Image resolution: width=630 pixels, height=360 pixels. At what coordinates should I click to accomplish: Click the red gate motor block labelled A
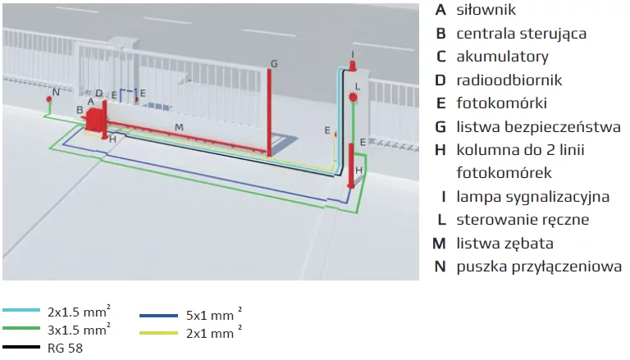click(95, 119)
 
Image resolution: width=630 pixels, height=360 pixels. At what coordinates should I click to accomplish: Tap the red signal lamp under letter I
click(353, 66)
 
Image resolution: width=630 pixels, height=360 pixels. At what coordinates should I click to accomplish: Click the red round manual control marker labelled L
click(354, 98)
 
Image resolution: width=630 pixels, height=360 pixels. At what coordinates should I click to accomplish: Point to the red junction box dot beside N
click(49, 99)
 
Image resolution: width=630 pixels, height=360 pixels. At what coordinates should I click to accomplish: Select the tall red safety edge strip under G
click(269, 112)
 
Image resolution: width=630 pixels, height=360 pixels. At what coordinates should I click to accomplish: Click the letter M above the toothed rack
click(179, 127)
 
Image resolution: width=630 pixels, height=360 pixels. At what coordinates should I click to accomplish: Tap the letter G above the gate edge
click(274, 64)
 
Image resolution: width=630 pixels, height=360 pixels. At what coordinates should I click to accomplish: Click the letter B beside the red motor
click(80, 110)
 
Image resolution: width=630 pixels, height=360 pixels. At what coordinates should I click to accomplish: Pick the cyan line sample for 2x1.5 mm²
click(21, 310)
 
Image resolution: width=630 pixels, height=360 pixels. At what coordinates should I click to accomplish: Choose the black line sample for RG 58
click(21, 347)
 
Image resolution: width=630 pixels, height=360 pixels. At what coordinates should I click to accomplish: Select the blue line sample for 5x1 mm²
click(158, 316)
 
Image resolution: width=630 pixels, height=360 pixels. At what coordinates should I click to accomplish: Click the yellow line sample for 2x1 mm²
click(158, 333)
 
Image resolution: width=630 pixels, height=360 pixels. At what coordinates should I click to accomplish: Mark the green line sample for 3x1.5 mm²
click(21, 328)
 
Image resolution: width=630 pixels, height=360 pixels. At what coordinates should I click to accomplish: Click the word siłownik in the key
click(486, 10)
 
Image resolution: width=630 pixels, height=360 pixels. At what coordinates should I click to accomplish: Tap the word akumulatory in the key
click(502, 57)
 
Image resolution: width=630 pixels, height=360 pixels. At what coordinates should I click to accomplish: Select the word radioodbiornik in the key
click(509, 80)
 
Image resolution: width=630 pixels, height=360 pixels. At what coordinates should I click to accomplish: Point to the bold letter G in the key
click(441, 127)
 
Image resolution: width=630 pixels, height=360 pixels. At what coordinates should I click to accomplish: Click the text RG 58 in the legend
click(65, 348)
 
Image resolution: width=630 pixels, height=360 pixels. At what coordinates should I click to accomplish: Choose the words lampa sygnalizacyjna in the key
click(532, 197)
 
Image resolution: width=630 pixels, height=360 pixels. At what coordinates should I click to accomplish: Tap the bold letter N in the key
click(441, 267)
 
